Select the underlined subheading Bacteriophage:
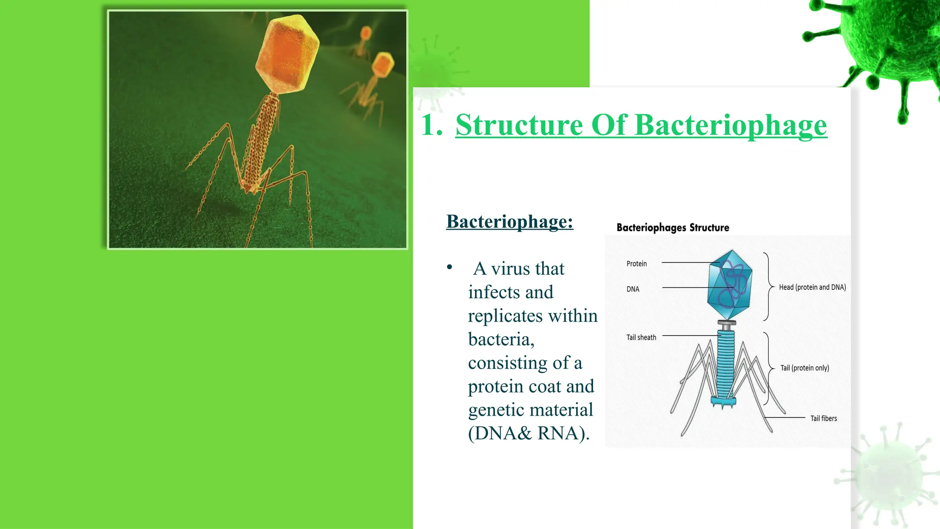pyautogui.click(x=509, y=221)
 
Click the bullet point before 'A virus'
pyautogui.click(x=449, y=267)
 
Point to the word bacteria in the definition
pyautogui.click(x=501, y=339)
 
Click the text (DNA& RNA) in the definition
pyautogui.click(x=528, y=433)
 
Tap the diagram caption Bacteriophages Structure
pyautogui.click(x=672, y=227)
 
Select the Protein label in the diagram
pyautogui.click(x=636, y=264)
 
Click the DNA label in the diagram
pyautogui.click(x=632, y=289)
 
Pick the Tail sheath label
pyautogui.click(x=641, y=338)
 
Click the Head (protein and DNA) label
pyautogui.click(x=812, y=287)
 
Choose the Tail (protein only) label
pyautogui.click(x=804, y=368)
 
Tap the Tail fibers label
pyautogui.click(x=823, y=418)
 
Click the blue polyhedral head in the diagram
pyautogui.click(x=730, y=285)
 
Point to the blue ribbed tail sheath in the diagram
pyautogui.click(x=726, y=365)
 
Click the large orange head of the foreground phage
pyautogui.click(x=288, y=54)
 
